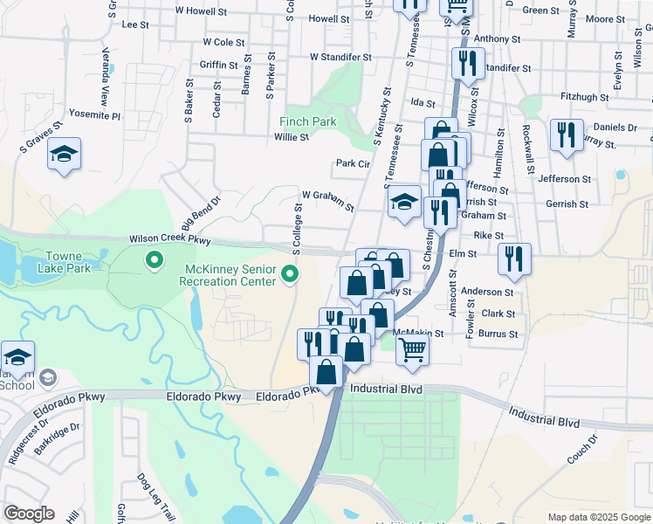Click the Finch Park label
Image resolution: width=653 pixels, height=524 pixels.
[x=307, y=121]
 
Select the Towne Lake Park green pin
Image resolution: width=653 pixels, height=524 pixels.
[x=155, y=260]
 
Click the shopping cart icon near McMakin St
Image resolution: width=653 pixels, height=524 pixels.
[x=412, y=349]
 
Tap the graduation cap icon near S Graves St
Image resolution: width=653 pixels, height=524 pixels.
[x=64, y=155]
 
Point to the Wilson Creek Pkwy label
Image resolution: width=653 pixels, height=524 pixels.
[x=170, y=238]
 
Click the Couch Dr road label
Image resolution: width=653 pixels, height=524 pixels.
[x=581, y=448]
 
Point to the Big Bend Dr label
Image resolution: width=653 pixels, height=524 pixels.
[x=202, y=210]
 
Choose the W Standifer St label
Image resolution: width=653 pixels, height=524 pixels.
[x=340, y=57]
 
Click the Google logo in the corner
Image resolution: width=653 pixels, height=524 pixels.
[x=29, y=513]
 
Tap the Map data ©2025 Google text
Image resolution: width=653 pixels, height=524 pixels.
[x=598, y=517]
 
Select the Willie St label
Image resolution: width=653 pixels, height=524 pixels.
[x=291, y=137]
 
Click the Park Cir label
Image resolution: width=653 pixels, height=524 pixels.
[x=354, y=163]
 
